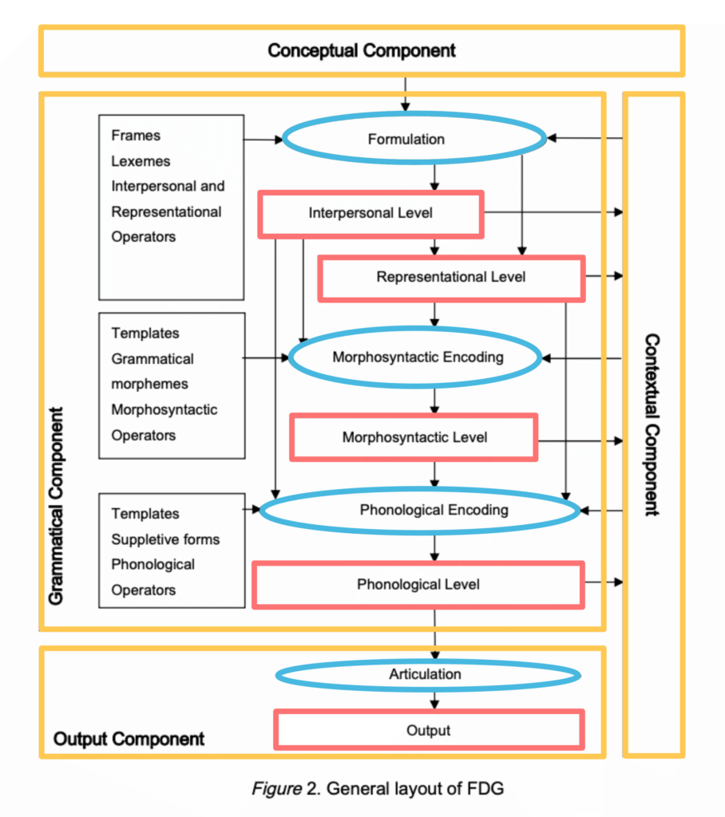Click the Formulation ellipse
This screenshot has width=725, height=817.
coord(414,140)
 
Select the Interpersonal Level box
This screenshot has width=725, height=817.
coord(371,213)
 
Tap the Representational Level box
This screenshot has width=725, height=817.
coord(451,278)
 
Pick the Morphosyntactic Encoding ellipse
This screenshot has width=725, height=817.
coord(418,357)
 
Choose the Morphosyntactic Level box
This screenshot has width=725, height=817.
coord(414,437)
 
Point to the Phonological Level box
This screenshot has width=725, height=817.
coord(418,585)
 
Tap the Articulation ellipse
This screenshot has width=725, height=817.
coord(428,675)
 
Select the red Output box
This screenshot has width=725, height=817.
coord(429,730)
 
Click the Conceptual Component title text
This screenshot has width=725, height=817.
coord(362,51)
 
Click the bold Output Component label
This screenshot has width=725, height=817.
coord(129,740)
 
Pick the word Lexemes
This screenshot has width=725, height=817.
coord(141,161)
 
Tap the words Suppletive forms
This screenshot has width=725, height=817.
coord(165,539)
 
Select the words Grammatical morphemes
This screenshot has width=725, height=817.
coord(152,371)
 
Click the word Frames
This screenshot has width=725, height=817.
coord(136,136)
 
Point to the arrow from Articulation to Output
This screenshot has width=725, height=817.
coord(434,699)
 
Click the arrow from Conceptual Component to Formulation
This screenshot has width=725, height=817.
coord(406,93)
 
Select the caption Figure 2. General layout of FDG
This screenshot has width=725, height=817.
coord(378,789)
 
